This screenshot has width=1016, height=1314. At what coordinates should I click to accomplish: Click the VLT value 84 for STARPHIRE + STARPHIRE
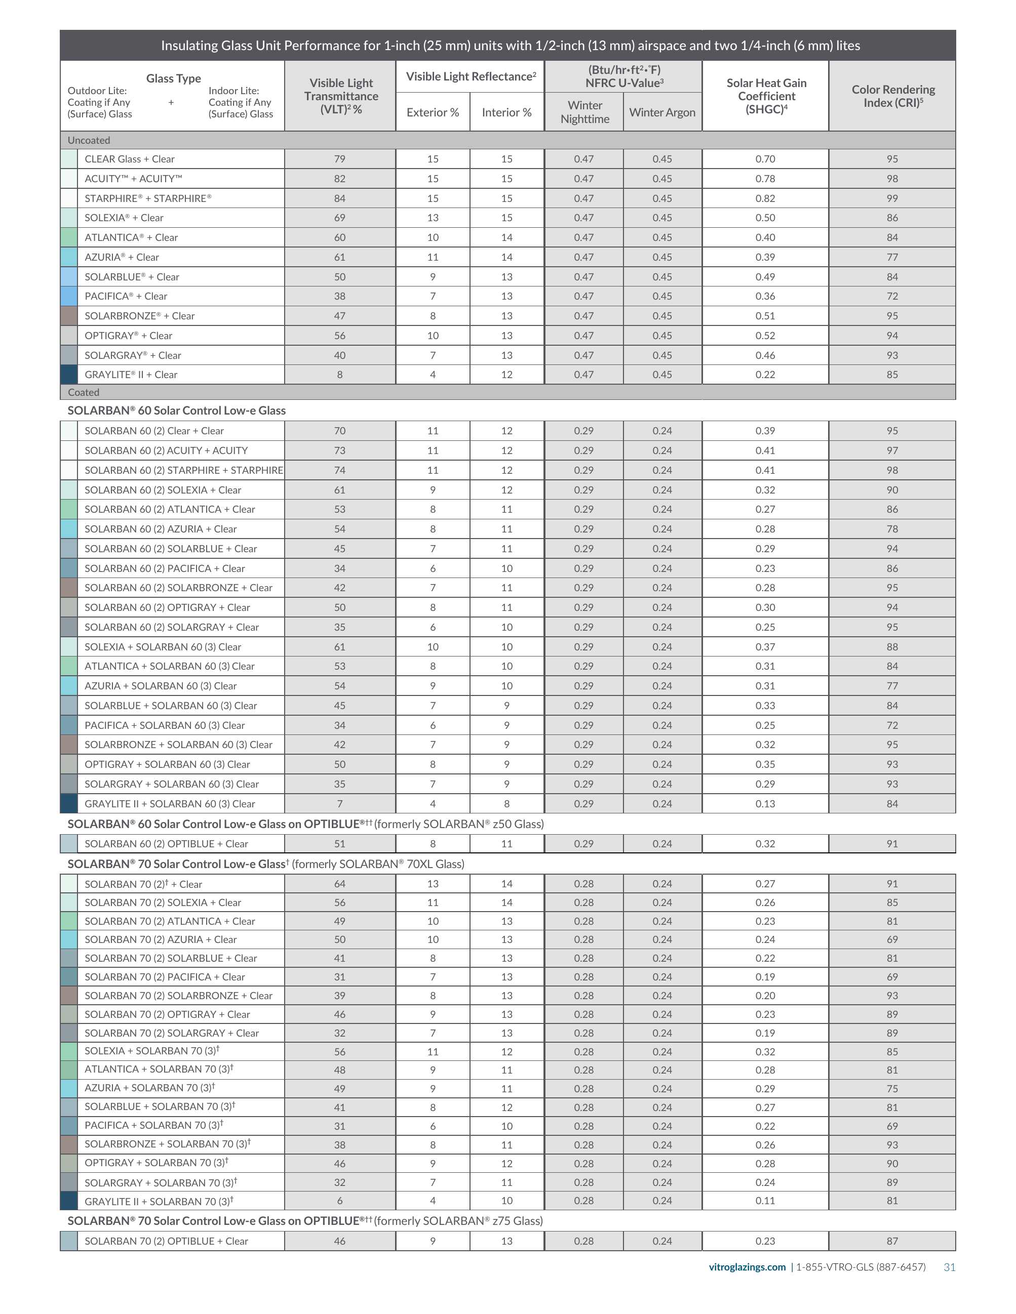[x=339, y=198]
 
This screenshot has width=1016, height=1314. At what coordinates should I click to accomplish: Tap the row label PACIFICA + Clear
[x=126, y=296]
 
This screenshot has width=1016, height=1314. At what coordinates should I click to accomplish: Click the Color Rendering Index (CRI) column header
[x=892, y=96]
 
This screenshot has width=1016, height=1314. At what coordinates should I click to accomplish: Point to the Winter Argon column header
[x=662, y=112]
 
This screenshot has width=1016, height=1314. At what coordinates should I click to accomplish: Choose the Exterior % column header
[x=432, y=112]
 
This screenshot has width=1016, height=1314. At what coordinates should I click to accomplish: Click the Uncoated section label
[x=89, y=140]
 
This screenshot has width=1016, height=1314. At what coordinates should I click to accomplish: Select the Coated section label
[x=84, y=392]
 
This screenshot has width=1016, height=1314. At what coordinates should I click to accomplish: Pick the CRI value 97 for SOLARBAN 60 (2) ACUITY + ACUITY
[x=892, y=450]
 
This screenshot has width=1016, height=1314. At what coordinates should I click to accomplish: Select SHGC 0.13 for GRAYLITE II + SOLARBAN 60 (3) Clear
[x=765, y=804]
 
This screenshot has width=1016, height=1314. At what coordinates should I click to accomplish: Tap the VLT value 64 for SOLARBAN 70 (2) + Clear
[x=339, y=884]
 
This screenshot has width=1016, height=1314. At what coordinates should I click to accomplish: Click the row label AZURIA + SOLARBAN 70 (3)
[x=149, y=1088]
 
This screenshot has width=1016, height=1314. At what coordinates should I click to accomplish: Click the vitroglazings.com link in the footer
[x=747, y=1267]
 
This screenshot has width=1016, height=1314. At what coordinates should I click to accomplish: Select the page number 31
[x=949, y=1267]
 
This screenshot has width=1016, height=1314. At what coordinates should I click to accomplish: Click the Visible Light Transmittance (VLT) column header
[x=341, y=96]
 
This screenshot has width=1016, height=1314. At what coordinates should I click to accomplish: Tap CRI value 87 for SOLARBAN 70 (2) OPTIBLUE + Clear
[x=892, y=1241]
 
